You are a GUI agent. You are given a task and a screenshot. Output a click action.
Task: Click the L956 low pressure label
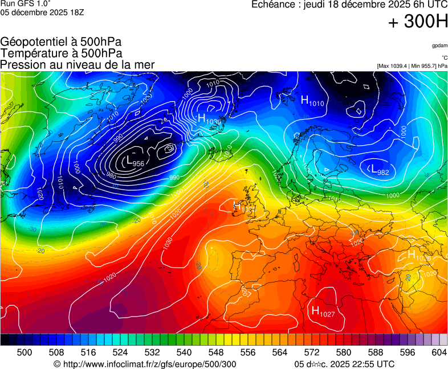click(x=135, y=163)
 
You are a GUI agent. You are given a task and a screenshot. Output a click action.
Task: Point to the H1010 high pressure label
click(x=312, y=101)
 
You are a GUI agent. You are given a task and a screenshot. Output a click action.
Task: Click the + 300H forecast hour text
click(x=418, y=23)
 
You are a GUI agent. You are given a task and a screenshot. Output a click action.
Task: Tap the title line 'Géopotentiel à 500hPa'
click(x=61, y=42)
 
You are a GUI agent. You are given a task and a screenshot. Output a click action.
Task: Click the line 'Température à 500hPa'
click(x=61, y=53)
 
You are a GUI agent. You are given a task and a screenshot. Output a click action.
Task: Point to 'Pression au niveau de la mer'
click(x=78, y=64)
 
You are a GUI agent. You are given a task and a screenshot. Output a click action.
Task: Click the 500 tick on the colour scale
click(x=25, y=352)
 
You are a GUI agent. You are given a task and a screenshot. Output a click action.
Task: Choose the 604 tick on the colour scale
click(x=439, y=352)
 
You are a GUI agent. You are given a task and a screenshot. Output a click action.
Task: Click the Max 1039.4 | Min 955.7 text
click(x=412, y=66)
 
